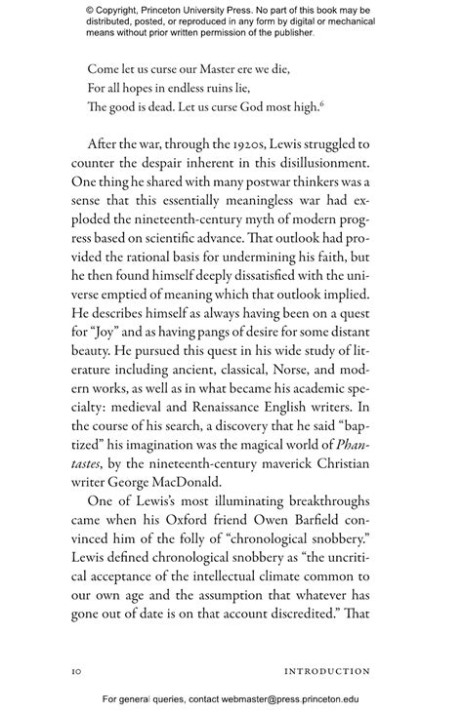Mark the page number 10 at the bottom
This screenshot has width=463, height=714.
(x=78, y=671)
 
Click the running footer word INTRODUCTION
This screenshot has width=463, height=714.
(x=327, y=671)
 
